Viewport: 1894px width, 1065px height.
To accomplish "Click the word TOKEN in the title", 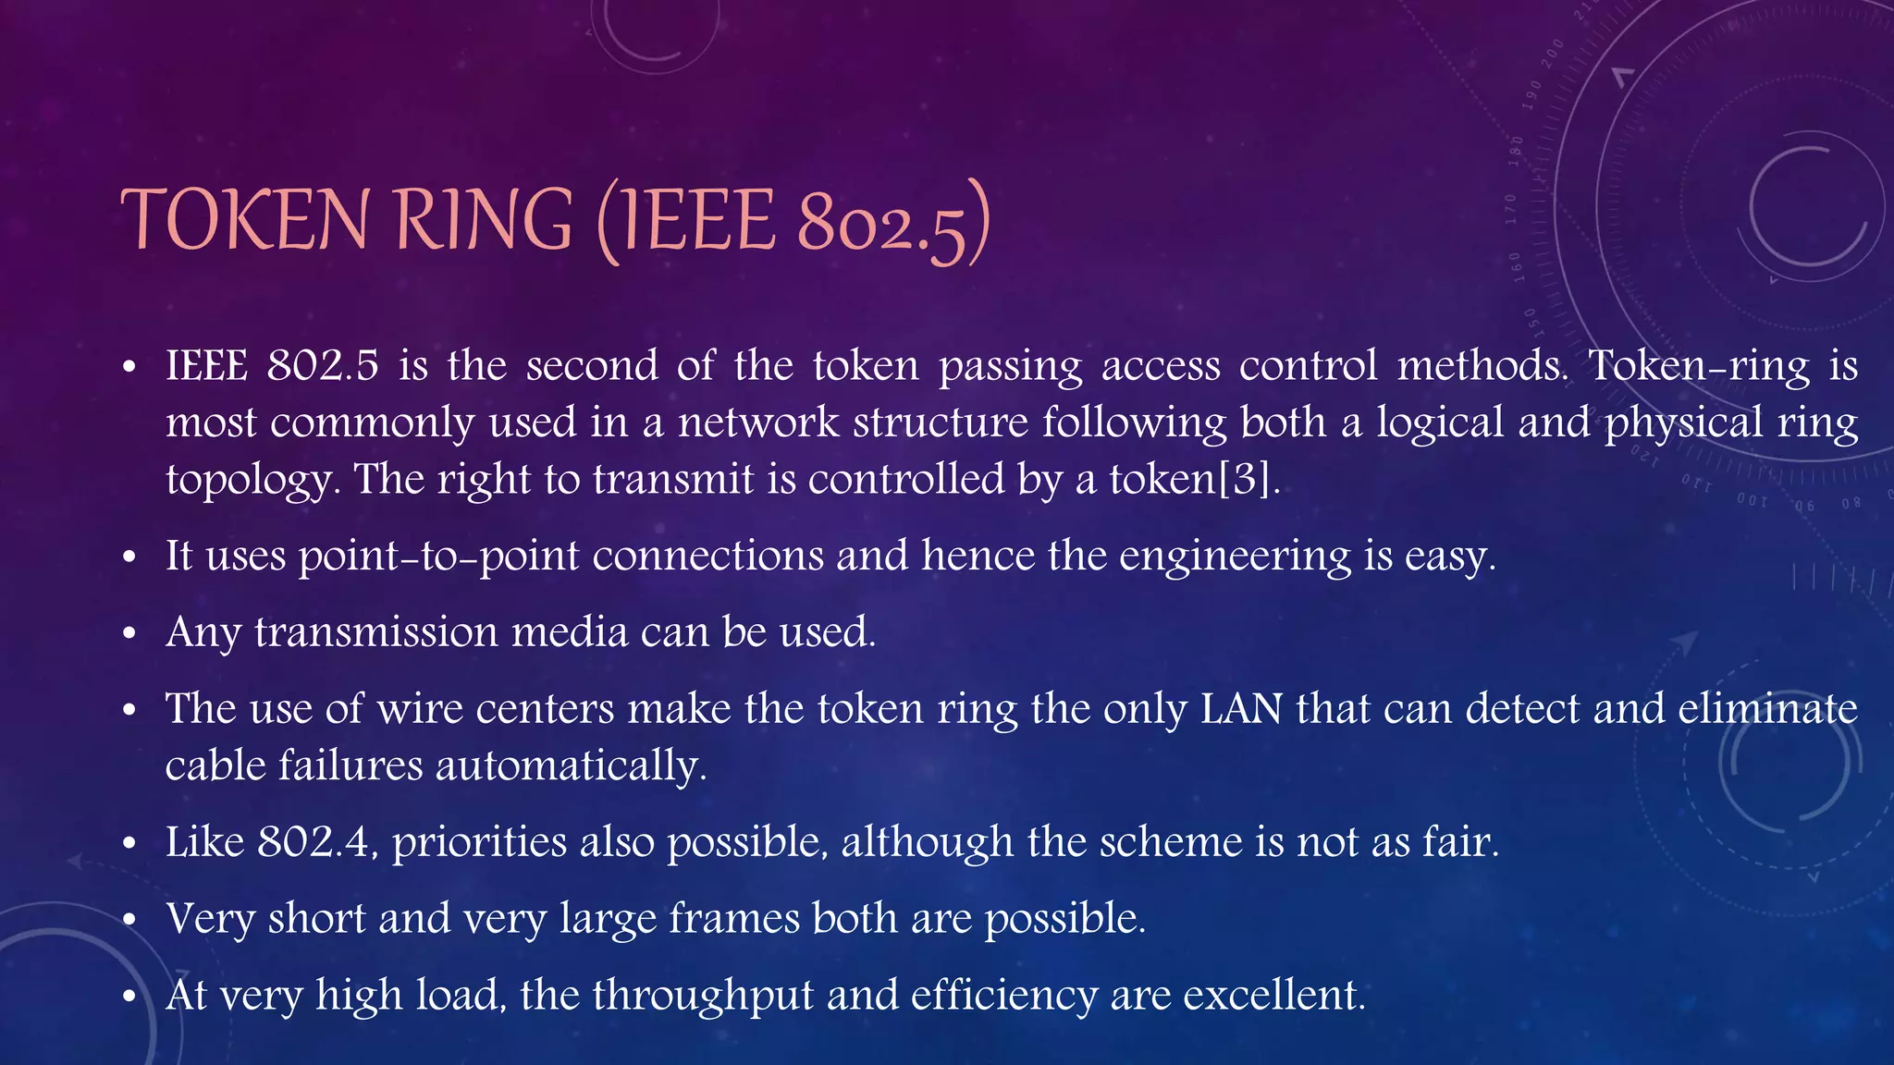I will [x=245, y=220].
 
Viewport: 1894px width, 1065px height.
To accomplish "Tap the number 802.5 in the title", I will [x=883, y=223].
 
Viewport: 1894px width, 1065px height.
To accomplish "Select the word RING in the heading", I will [x=485, y=220].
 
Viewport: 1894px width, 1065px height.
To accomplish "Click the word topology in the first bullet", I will [x=249, y=481].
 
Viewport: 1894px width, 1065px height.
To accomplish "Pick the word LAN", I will [x=1241, y=709].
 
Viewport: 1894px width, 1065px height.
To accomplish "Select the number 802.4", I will [x=317, y=842].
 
